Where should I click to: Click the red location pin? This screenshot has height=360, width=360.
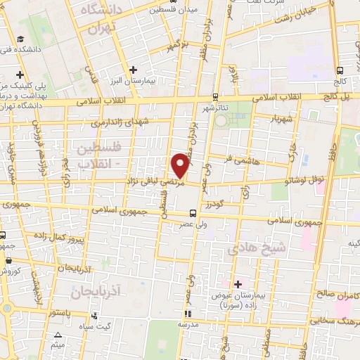181,165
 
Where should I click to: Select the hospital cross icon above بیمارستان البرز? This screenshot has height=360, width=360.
133,70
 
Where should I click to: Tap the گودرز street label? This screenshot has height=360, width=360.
214,204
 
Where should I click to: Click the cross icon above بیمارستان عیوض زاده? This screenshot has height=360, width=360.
238,284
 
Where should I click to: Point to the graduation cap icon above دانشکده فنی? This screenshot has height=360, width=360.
22,40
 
